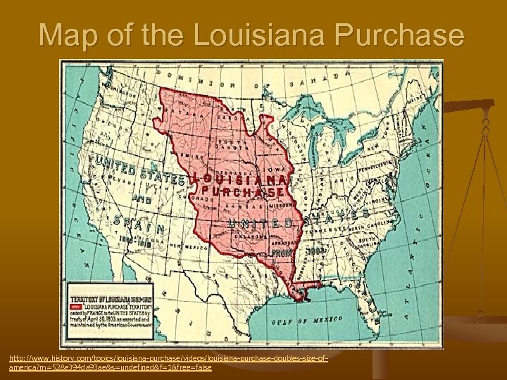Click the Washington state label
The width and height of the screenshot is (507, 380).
(x=98, y=86)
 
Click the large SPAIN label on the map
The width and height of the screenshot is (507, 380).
(x=140, y=224)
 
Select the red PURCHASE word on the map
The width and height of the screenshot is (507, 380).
(x=243, y=191)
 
